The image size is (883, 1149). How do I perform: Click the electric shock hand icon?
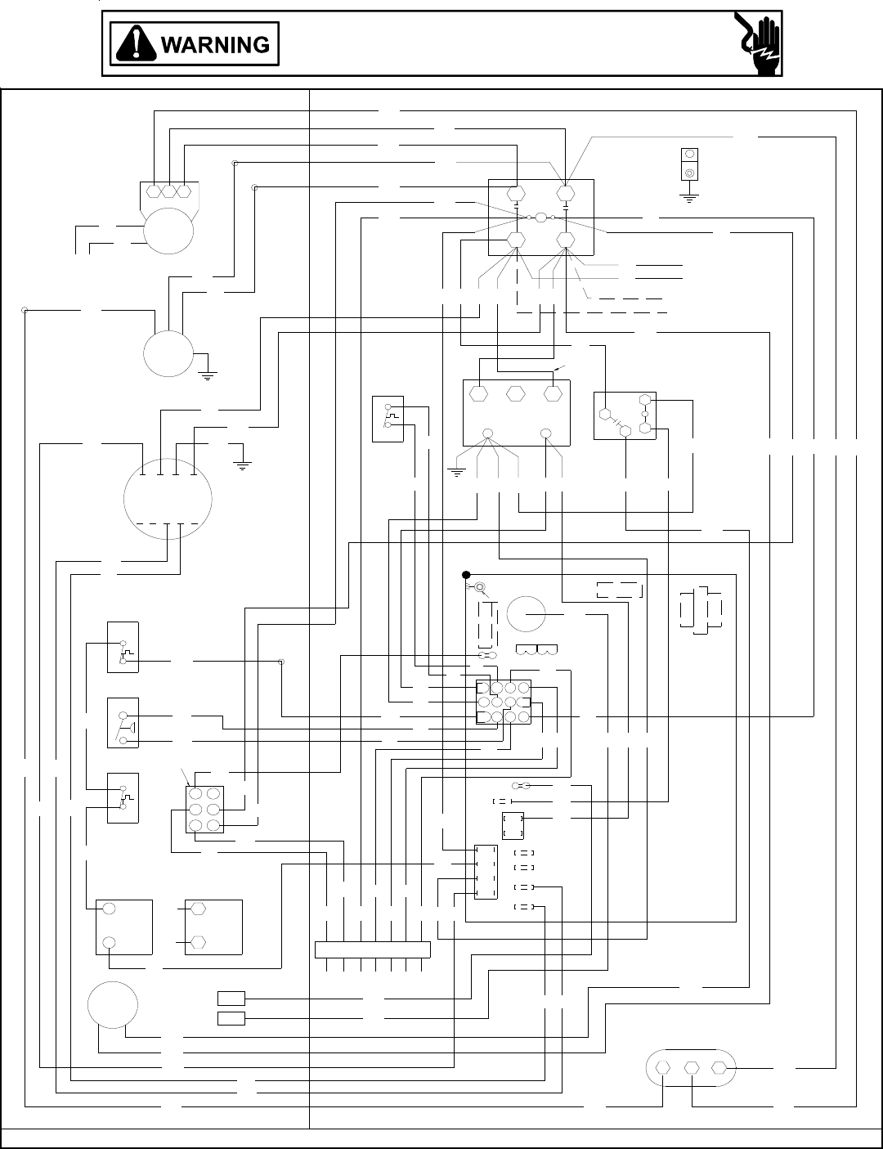click(x=757, y=44)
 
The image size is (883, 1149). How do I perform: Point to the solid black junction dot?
click(x=466, y=574)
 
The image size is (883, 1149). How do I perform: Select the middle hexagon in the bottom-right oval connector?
click(x=692, y=1068)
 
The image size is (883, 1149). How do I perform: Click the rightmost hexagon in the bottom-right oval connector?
click(x=719, y=1068)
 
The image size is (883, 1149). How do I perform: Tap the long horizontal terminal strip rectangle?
click(x=373, y=949)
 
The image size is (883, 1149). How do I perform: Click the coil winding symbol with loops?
click(x=537, y=652)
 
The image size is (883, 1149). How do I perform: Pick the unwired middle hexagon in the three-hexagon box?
click(x=515, y=393)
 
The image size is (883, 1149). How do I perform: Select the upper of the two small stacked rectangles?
click(x=231, y=999)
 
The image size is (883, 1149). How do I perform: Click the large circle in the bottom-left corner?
click(x=112, y=1005)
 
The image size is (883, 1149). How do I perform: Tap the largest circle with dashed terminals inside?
click(x=168, y=496)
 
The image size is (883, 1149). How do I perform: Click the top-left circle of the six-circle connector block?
click(x=196, y=793)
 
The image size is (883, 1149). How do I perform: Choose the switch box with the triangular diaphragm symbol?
click(x=123, y=722)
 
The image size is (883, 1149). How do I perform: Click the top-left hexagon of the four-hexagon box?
click(x=515, y=195)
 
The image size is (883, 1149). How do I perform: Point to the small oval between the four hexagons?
click(x=541, y=218)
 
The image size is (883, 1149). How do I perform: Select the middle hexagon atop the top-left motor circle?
click(x=169, y=191)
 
